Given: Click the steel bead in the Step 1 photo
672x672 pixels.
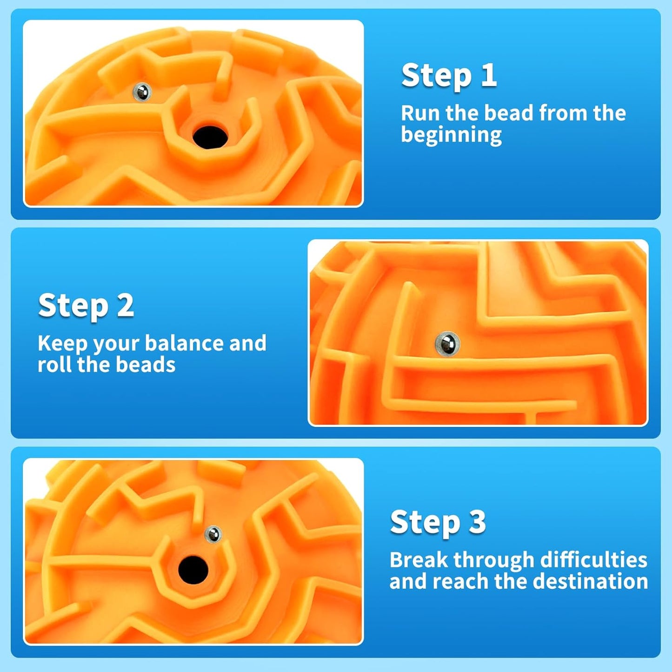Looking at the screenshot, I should (x=142, y=92).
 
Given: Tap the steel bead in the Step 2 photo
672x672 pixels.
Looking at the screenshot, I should (x=447, y=344).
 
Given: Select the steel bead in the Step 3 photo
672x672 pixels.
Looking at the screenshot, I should (x=213, y=534).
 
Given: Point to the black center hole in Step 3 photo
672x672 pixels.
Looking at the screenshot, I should (x=193, y=570).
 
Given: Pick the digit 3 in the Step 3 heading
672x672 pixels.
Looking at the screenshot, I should (x=477, y=522).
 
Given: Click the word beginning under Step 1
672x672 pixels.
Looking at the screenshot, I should (x=451, y=135).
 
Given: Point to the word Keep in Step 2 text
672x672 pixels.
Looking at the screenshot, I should (x=62, y=344).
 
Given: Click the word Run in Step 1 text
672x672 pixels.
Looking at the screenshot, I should (x=420, y=113).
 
